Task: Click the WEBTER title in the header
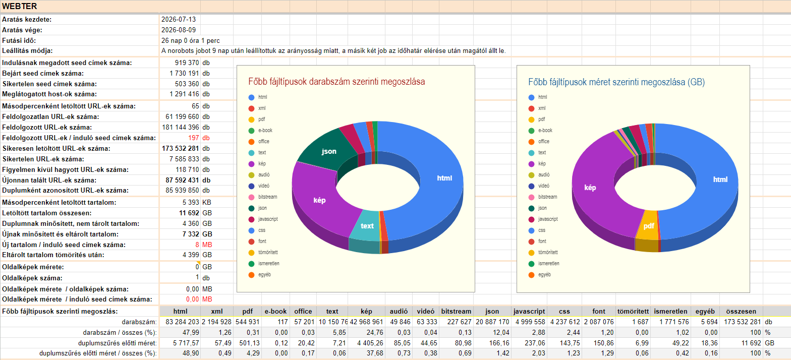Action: click(x=19, y=7)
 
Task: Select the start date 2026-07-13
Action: click(x=179, y=19)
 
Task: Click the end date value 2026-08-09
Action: click(x=179, y=30)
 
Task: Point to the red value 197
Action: click(x=194, y=138)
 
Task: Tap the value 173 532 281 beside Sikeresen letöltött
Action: click(x=181, y=149)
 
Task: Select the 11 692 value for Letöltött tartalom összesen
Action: click(x=189, y=213)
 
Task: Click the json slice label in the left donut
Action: click(x=329, y=151)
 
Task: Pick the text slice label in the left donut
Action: click(x=367, y=226)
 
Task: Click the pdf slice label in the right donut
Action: click(x=649, y=226)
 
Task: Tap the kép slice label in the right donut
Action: click(x=590, y=188)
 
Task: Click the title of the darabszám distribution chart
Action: click(x=336, y=82)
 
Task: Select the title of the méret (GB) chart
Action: click(x=616, y=82)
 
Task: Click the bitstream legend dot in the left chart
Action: click(x=251, y=197)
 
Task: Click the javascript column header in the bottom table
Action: click(x=529, y=311)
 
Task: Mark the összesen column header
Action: click(x=741, y=311)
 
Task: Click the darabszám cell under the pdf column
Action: click(x=248, y=322)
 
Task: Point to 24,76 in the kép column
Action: click(x=375, y=332)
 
